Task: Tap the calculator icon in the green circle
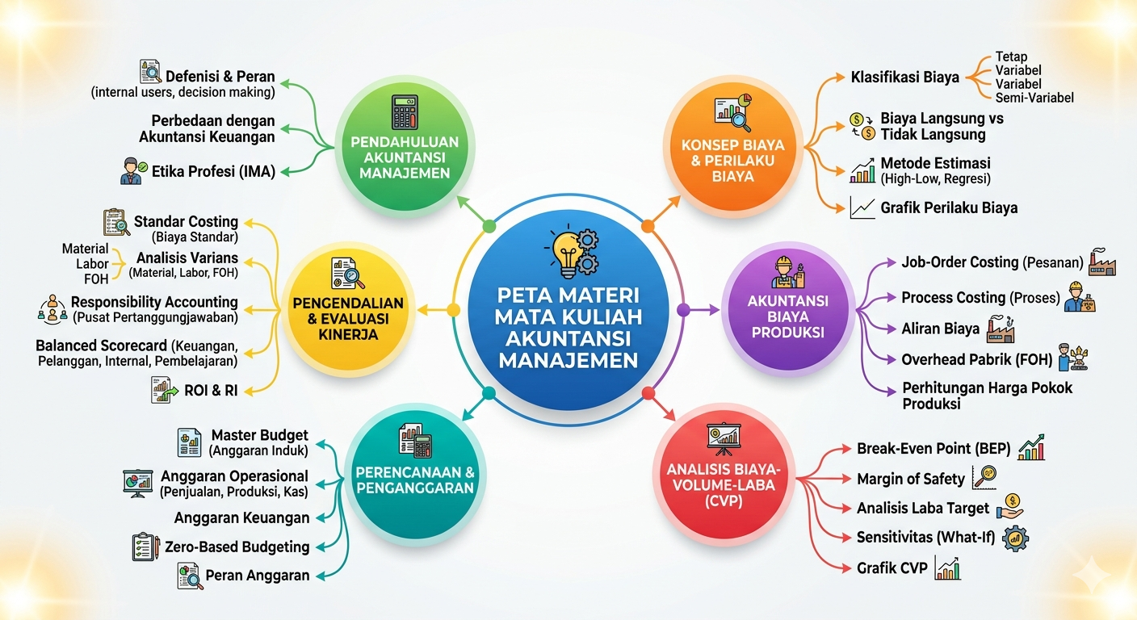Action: coord(405,111)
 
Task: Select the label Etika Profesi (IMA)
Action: coord(213,171)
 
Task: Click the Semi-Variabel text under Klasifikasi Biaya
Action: coord(1034,98)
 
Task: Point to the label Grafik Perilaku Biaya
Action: coord(949,207)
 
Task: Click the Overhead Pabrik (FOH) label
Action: coord(976,360)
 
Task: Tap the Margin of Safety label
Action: coord(911,479)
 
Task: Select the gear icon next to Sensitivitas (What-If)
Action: coord(1015,538)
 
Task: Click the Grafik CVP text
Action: coord(892,568)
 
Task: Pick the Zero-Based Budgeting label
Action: coord(237,547)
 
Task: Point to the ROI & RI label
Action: coord(211,390)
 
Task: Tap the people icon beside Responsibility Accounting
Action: coord(52,309)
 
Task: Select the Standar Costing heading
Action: coord(186,221)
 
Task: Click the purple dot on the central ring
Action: coord(683,309)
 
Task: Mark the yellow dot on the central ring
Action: coord(453,309)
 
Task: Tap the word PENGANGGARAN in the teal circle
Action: coord(415,488)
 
